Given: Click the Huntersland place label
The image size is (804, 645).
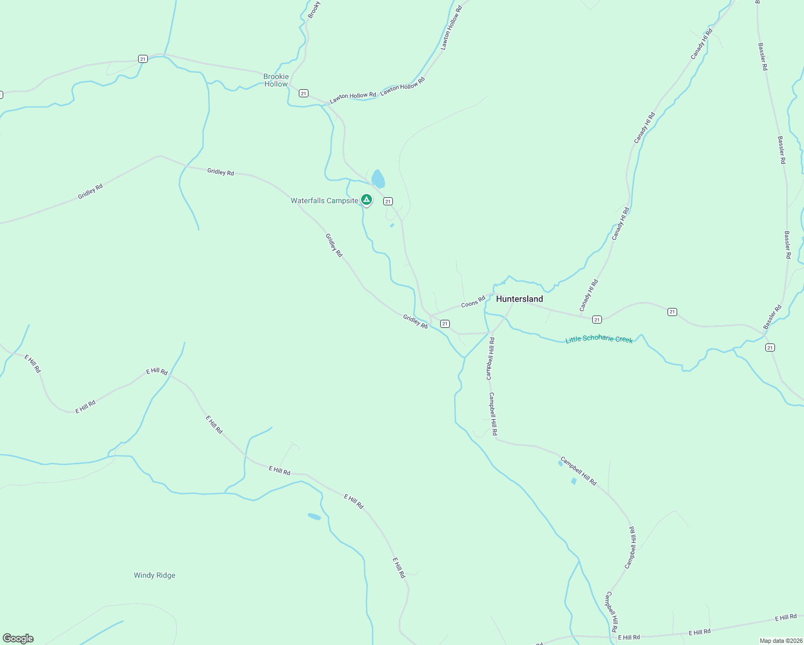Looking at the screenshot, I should tap(519, 299).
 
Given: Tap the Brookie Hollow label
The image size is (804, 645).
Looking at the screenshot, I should tap(276, 80).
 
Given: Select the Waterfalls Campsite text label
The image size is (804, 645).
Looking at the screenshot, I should tap(324, 200).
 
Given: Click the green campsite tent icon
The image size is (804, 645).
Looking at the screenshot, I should tap(366, 200).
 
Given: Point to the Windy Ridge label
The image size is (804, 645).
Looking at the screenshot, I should tap(154, 575).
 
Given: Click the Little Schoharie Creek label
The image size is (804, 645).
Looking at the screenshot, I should tap(599, 339).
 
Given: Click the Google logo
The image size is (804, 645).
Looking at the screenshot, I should tap(18, 639).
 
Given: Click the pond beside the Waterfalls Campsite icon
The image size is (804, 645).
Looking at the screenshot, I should tap(378, 178).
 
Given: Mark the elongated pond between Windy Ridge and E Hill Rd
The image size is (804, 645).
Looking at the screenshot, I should tap(314, 517).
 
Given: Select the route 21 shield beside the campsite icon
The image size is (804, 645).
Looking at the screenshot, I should tap(387, 201).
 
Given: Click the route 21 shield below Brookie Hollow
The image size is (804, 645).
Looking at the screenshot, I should tap(304, 94).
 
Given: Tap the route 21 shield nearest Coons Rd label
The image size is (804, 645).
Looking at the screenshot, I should tap(444, 324).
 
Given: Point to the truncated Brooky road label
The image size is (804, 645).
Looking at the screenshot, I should tap(314, 10).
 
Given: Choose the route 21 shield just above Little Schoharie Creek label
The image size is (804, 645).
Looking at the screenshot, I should tap(597, 320).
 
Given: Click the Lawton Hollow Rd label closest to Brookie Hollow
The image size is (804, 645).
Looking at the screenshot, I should tap(353, 97).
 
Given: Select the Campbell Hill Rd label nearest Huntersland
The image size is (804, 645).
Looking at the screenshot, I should tap(490, 359).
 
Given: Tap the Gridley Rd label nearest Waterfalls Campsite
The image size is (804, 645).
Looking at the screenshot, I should tap(334, 245).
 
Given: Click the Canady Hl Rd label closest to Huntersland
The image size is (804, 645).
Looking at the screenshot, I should tap(588, 296).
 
